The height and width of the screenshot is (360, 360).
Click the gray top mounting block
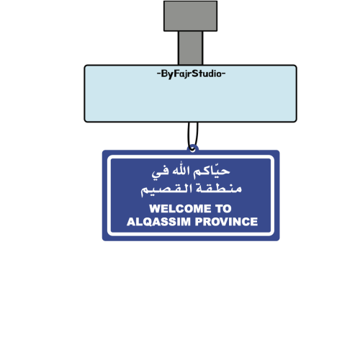click(190, 16)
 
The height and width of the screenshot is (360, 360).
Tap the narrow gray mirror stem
click(190, 48)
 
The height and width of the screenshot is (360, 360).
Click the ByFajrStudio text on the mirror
click(191, 74)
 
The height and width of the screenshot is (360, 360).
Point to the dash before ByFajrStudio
click(158, 73)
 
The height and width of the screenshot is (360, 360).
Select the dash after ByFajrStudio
click(224, 73)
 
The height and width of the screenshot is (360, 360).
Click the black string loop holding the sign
click(189, 135)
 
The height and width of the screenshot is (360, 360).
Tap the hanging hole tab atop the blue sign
click(192, 148)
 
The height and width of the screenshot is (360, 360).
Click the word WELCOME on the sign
click(180, 209)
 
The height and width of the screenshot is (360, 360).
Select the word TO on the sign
click(223, 209)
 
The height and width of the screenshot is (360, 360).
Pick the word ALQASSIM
click(158, 222)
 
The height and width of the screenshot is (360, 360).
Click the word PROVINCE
click(226, 222)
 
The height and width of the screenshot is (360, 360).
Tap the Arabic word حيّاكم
click(212, 171)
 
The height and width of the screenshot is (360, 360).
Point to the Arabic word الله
click(181, 171)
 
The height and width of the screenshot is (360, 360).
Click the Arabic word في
click(160, 172)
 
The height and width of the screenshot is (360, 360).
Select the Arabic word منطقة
click(219, 188)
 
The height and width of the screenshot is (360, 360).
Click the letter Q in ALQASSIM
click(148, 222)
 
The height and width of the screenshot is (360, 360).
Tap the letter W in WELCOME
click(155, 209)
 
